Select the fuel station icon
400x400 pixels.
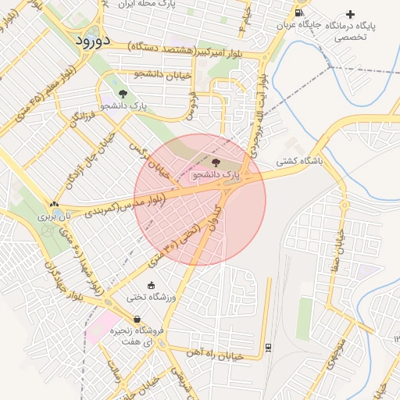299,13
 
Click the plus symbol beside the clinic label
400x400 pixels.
350,14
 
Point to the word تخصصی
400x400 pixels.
350,37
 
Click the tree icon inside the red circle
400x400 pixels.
215,162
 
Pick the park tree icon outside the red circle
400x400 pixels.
122,94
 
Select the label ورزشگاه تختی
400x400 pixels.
156,298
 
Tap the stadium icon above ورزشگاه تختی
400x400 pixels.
151,286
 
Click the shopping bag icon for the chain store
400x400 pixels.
137,319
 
